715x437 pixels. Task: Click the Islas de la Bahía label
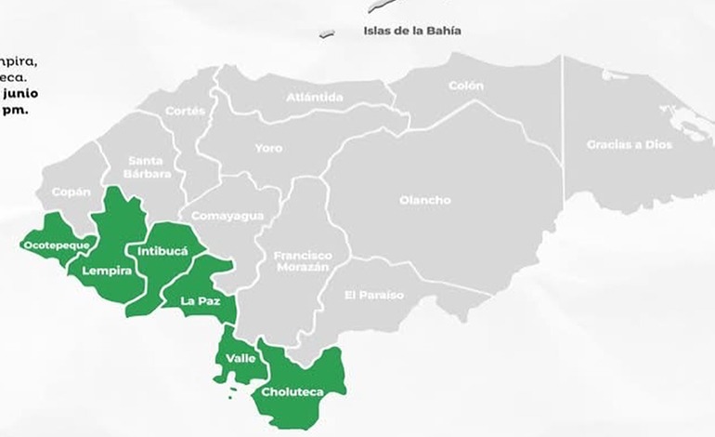[412, 31]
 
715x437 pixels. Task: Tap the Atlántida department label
[314, 97]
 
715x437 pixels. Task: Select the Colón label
[465, 86]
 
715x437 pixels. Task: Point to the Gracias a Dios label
[629, 144]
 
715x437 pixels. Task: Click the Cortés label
[185, 111]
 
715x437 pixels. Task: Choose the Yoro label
[268, 148]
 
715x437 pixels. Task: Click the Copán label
[71, 192]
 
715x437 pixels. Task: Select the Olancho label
[424, 200]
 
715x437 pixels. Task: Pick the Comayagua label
[227, 216]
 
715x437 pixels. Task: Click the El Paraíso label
[373, 295]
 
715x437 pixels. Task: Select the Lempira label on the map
[107, 271]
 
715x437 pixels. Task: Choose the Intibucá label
[162, 251]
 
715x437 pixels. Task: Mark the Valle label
[240, 358]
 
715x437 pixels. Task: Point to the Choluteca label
[292, 391]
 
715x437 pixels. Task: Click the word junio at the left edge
[19, 93]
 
